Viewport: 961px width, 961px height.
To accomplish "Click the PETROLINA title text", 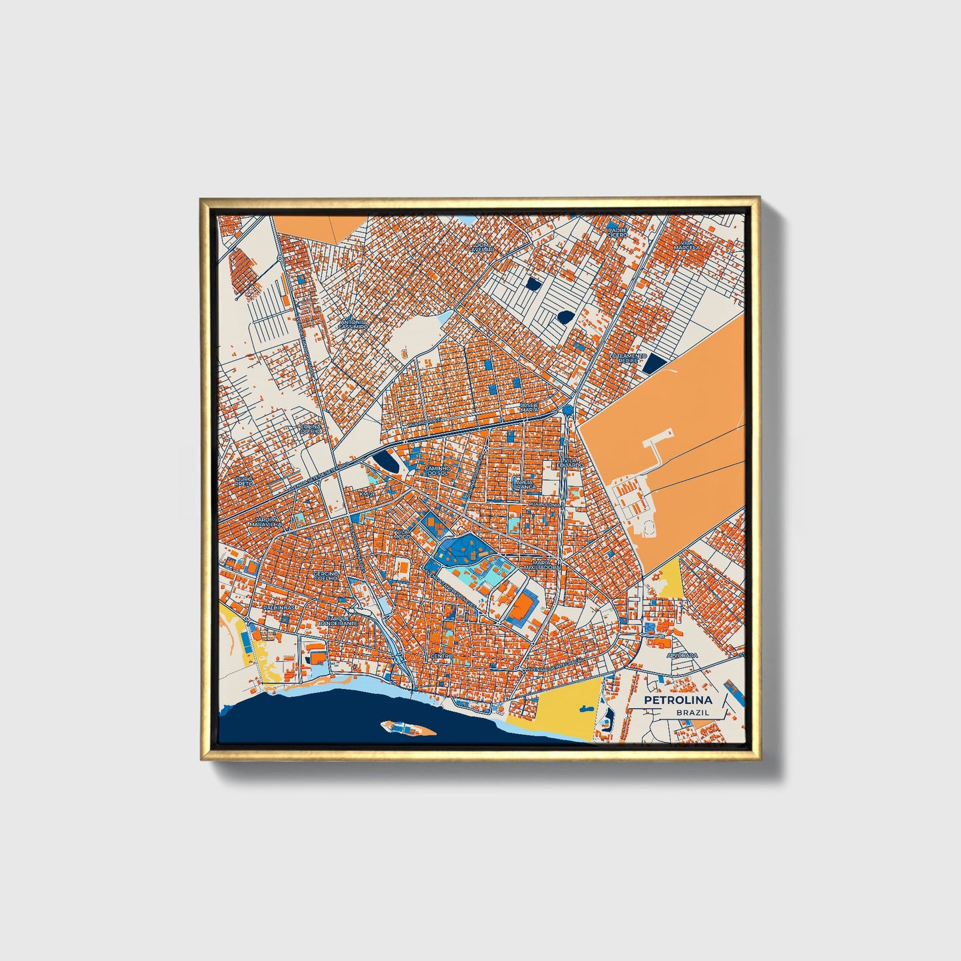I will coord(678,700).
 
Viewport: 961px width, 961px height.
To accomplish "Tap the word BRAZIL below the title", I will coord(692,712).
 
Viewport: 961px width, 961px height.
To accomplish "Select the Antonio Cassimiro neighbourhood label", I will coord(352,325).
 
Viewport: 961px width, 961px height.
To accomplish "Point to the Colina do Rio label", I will coord(311,429).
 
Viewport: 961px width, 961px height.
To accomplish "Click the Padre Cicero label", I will coord(617,232).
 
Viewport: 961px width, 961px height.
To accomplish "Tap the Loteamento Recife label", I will coord(628,358).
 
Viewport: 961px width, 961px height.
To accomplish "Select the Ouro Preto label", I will coord(243,480).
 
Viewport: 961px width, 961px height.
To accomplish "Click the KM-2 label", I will coord(366,495).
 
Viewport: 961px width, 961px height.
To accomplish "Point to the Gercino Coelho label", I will coord(326,575).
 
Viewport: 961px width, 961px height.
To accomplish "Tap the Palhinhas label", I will coord(278,608).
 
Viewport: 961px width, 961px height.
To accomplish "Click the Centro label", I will coord(441,656).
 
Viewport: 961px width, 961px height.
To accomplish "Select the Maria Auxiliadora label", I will coord(541,565).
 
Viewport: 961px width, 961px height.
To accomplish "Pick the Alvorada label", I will coord(683,655).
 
